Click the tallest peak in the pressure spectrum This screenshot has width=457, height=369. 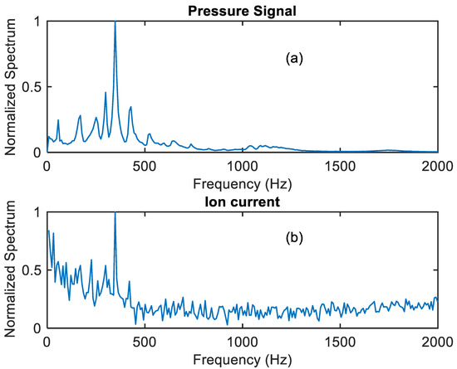(x=115, y=23)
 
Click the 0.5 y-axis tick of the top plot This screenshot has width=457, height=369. (x=32, y=87)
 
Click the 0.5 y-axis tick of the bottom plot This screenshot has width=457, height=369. (x=32, y=270)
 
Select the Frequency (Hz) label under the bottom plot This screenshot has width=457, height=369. (x=242, y=358)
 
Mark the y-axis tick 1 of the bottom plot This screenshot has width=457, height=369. (x=38, y=212)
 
